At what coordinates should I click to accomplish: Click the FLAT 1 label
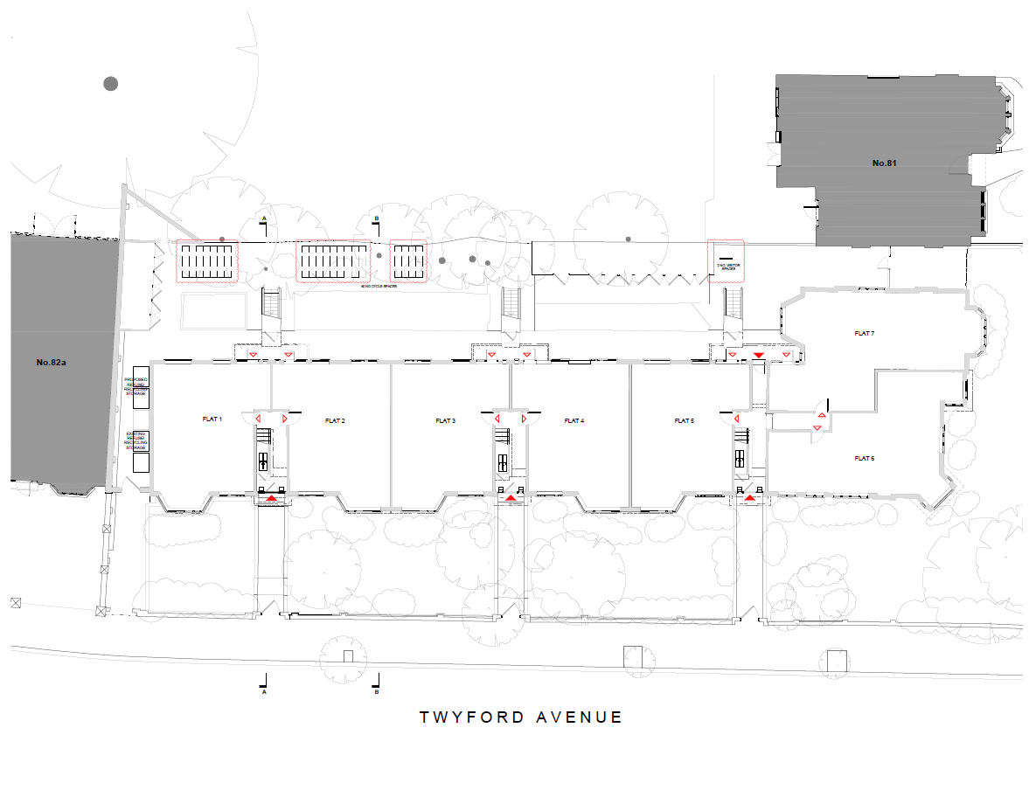pos(212,419)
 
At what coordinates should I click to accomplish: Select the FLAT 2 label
pos(335,421)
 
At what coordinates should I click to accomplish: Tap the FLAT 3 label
pos(445,421)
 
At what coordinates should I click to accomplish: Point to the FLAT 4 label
pos(574,421)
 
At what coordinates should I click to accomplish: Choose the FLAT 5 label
pos(685,421)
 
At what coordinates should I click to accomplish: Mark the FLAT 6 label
pos(864,458)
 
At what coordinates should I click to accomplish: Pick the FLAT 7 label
pos(864,333)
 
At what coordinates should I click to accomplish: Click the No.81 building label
pos(886,163)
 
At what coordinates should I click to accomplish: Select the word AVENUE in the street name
pos(580,717)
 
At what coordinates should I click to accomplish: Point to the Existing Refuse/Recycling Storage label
pos(136,440)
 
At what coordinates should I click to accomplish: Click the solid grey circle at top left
pos(111,84)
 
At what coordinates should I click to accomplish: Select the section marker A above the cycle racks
pos(263,218)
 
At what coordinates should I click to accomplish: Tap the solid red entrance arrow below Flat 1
pos(271,497)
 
